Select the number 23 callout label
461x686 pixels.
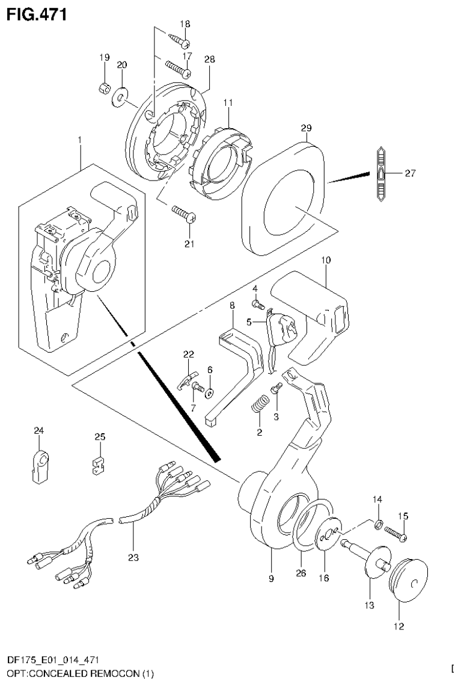(x=133, y=558)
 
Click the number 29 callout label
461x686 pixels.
(x=307, y=128)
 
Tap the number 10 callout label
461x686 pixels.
(x=325, y=260)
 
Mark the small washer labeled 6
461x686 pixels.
(x=210, y=393)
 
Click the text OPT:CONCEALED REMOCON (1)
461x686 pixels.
(x=78, y=674)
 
